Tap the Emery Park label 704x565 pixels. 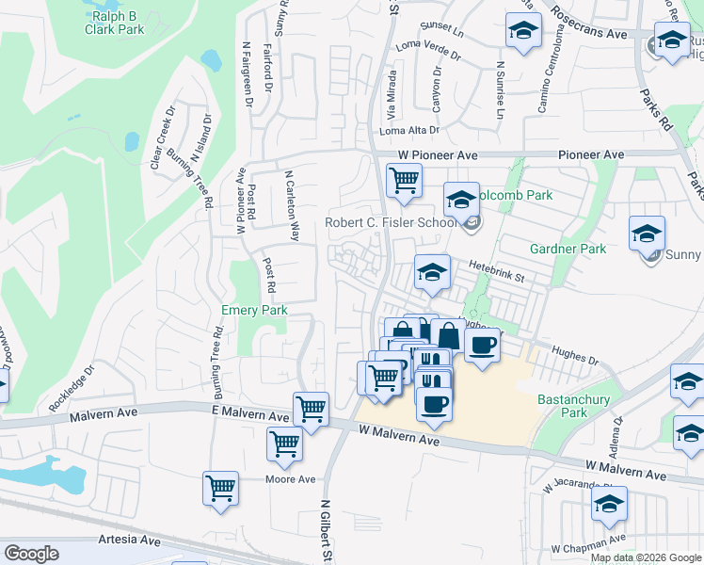coord(253,310)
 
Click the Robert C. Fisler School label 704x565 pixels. coord(391,223)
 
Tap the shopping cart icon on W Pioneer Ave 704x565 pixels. coord(404,179)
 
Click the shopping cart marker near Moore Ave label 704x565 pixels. coord(219,489)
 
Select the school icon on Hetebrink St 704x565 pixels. coord(432,272)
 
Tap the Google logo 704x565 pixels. coord(32,554)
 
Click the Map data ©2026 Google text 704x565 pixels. coord(646,557)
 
